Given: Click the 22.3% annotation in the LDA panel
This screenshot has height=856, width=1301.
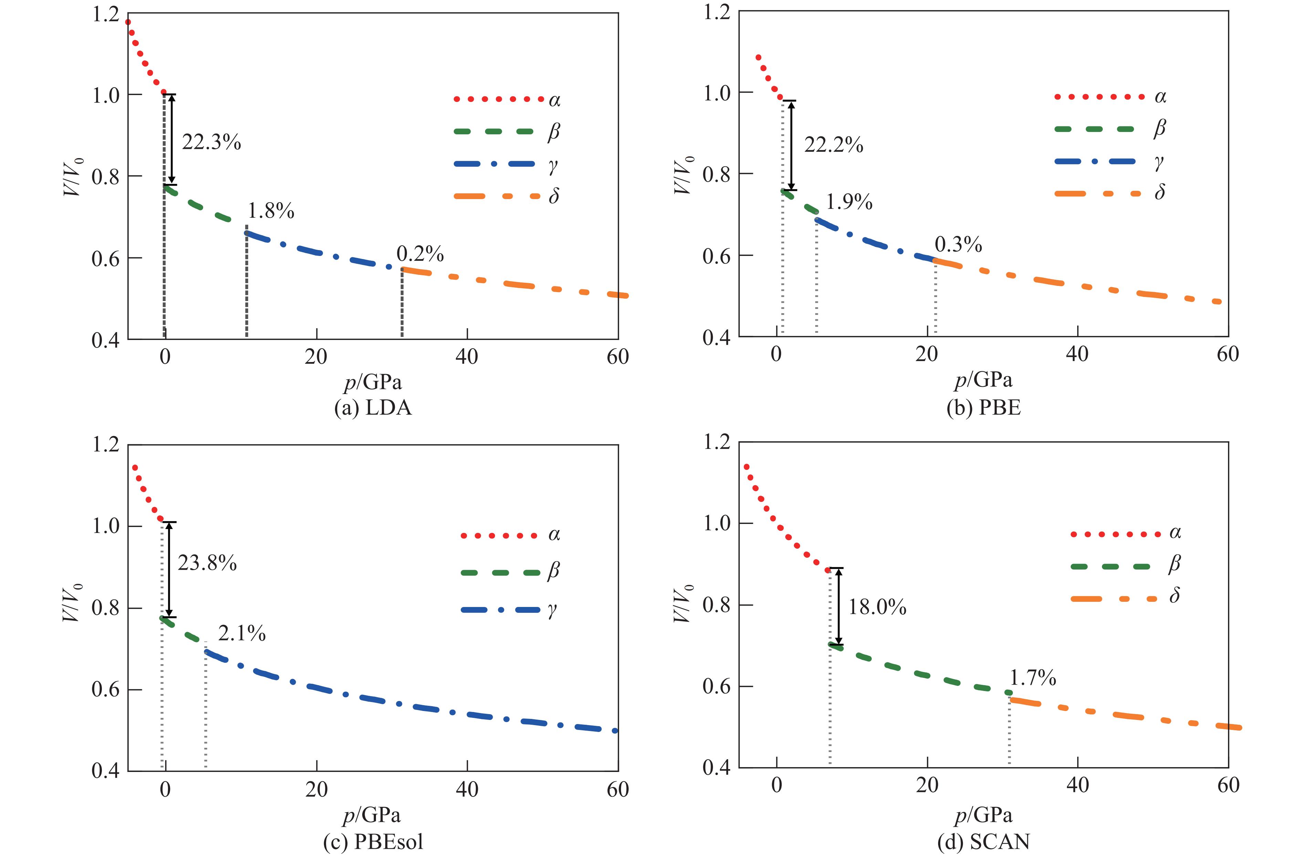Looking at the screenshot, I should (211, 143).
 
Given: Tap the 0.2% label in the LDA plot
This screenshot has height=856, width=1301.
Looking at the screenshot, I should (420, 254).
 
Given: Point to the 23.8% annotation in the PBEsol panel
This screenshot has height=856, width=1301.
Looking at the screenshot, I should (207, 563).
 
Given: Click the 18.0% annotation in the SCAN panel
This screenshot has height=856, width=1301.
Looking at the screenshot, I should (877, 607).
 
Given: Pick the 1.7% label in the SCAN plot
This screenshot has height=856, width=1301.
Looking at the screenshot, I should (1032, 678).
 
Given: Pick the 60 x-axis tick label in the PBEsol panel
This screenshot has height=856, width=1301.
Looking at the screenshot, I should (618, 789).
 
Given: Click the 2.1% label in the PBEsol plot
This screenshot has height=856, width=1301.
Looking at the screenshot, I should (242, 633).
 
